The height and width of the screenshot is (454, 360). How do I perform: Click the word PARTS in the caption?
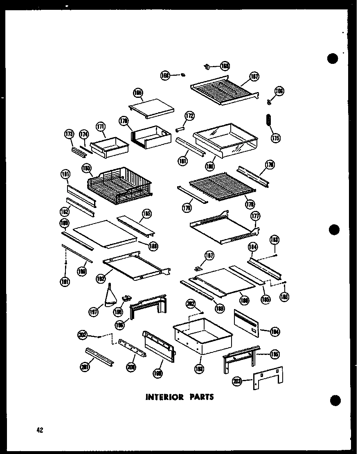coord(200,397)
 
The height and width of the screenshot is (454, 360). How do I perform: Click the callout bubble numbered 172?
coord(189,116)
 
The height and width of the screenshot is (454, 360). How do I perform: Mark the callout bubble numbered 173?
coord(69,134)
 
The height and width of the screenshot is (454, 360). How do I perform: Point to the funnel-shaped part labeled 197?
coord(109,298)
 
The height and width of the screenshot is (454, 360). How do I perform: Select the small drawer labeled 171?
coord(109,146)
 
